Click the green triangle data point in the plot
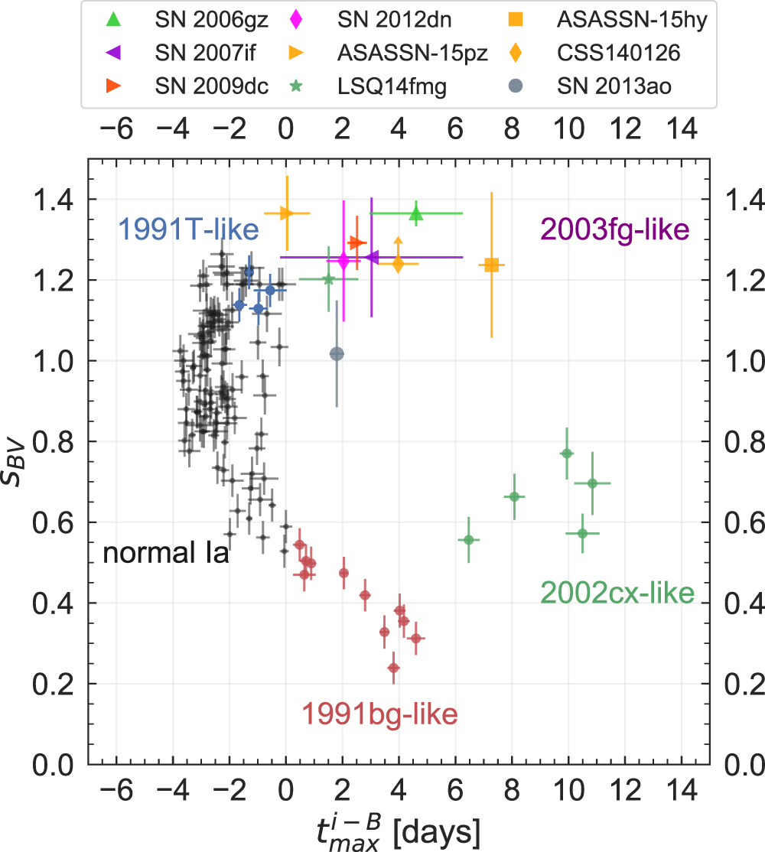[x=416, y=213]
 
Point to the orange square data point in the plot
[x=492, y=265]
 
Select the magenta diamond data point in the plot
[x=343, y=261]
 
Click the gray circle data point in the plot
[x=337, y=353]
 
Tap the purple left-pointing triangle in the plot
[x=372, y=257]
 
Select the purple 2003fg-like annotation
[x=615, y=228]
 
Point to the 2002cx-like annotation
[x=617, y=592]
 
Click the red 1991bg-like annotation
[x=379, y=714]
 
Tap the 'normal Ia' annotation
[x=166, y=553]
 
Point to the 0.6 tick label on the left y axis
[x=55, y=523]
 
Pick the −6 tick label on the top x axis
[x=116, y=129]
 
